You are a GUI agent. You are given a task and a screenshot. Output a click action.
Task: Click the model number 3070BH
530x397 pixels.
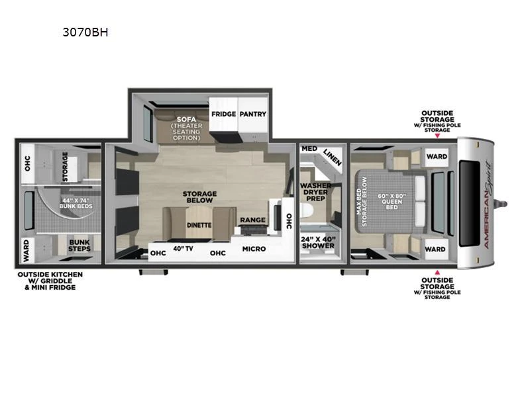click(x=85, y=32)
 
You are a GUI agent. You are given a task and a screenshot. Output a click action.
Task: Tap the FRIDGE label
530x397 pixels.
click(x=223, y=114)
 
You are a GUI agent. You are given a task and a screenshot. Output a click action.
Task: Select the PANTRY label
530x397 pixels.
click(x=253, y=114)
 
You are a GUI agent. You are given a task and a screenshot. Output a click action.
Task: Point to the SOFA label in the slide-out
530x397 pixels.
click(x=186, y=119)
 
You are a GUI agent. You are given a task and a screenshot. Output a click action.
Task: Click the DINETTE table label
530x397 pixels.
click(x=199, y=225)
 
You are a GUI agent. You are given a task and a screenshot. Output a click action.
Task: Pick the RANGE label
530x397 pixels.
click(x=253, y=220)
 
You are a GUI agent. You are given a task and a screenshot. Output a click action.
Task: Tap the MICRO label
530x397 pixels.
click(x=254, y=249)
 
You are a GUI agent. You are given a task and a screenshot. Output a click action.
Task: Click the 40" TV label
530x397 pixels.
click(x=184, y=249)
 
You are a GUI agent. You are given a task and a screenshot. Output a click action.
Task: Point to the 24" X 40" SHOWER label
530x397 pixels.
click(x=318, y=242)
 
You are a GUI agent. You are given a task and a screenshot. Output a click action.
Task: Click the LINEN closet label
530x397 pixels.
click(x=333, y=157)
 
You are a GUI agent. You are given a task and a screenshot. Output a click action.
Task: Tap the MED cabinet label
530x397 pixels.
click(x=309, y=148)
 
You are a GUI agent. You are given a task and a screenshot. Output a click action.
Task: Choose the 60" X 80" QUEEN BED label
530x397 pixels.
click(x=392, y=202)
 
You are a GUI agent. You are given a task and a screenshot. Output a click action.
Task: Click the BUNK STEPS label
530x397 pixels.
click(x=79, y=245)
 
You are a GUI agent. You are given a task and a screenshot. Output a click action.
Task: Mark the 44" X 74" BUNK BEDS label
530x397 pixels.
click(x=76, y=203)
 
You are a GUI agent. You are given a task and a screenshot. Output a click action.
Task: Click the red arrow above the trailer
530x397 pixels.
click(x=437, y=136)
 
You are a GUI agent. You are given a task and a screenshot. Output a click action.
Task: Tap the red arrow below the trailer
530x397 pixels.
click(x=437, y=272)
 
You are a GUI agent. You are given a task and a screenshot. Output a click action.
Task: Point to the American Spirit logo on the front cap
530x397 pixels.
click(x=488, y=205)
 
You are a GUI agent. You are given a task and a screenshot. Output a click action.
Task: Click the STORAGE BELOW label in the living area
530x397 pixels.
click(x=200, y=197)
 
